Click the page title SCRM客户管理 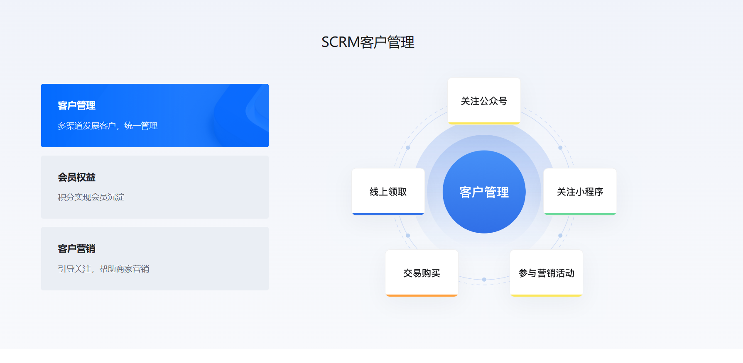coord(368,42)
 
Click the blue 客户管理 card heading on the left coord(77,106)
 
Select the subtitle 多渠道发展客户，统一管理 coord(108,126)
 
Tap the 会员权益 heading coord(77,177)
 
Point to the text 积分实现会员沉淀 coord(91,197)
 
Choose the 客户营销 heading coord(77,248)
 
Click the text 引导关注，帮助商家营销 coord(103,269)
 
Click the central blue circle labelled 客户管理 coord(484,192)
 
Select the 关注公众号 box coord(484,101)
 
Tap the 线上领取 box coord(388,192)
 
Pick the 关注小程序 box coord(580,192)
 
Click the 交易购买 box coord(422,273)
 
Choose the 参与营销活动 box coord(547,273)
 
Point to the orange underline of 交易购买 coord(422,295)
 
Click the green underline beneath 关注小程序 coord(580,214)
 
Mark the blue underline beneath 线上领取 coord(388,214)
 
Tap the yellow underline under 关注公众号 coord(484,123)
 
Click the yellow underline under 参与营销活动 coord(547,295)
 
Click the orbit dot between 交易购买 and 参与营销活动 coord(484,280)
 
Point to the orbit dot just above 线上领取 coord(408,148)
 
